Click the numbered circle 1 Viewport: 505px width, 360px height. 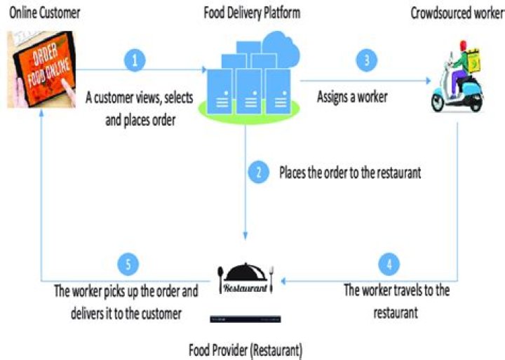coord(136,59)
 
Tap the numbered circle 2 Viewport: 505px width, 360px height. coord(260,172)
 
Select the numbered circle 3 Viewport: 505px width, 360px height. coord(365,59)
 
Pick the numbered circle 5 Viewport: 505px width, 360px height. coord(128,265)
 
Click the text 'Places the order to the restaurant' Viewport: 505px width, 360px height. coord(350,172)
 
